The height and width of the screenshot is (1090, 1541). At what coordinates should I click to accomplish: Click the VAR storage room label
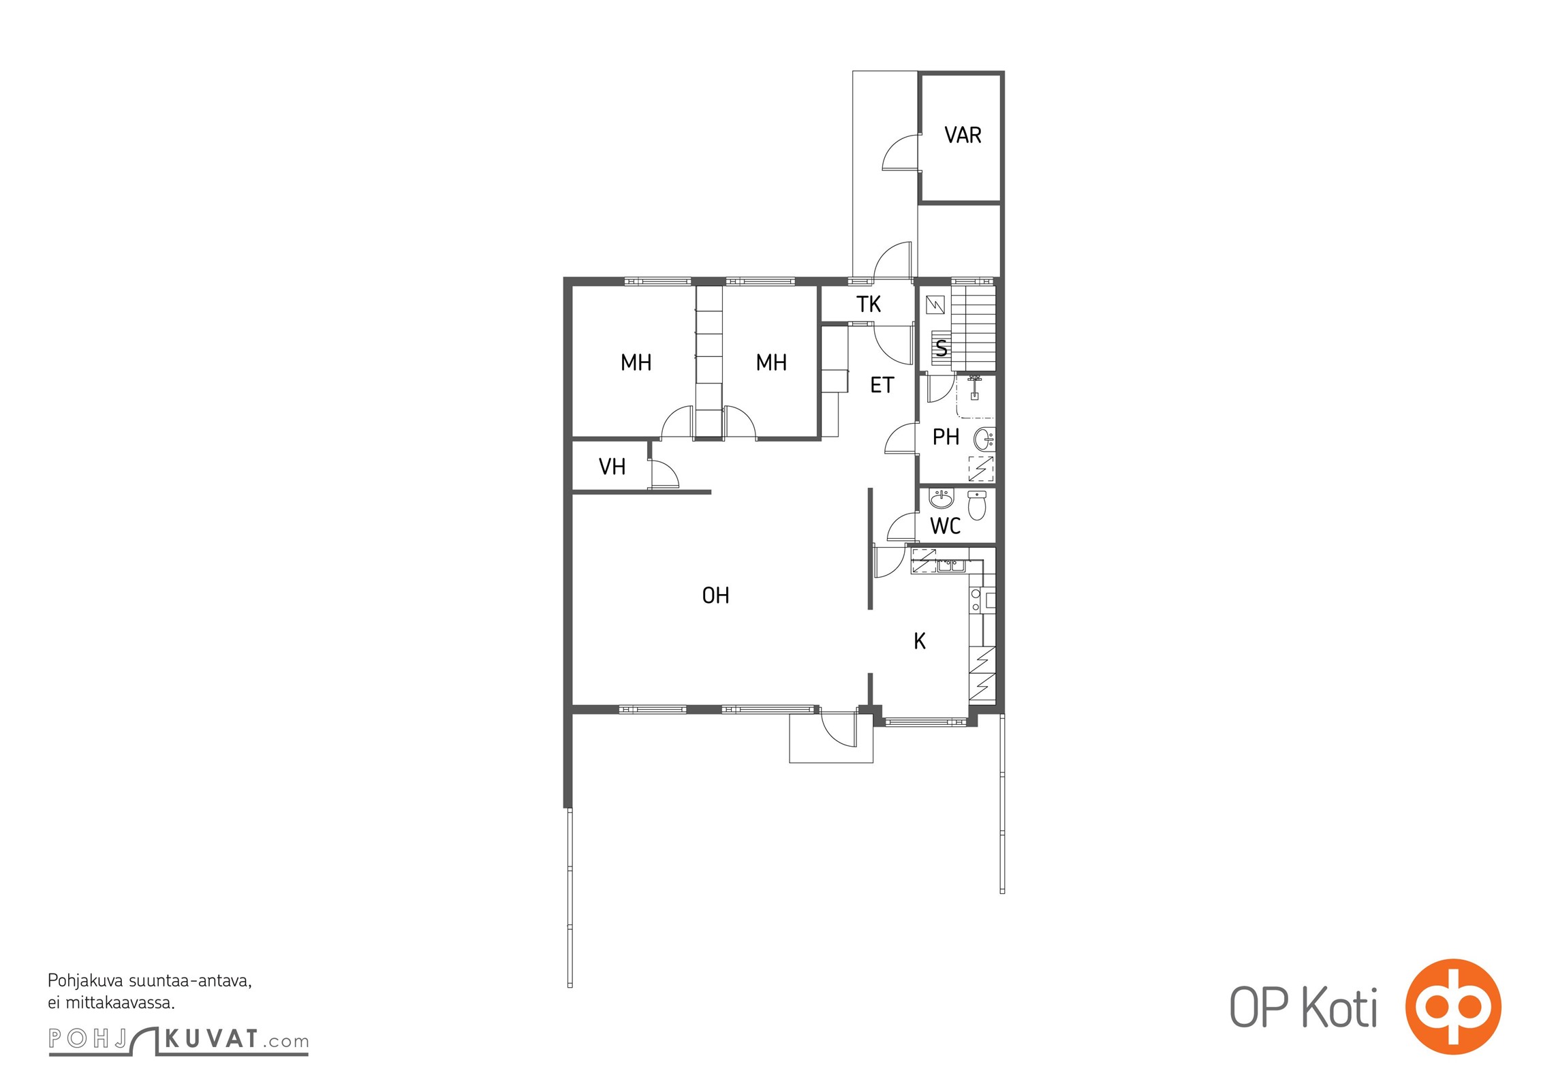tap(963, 136)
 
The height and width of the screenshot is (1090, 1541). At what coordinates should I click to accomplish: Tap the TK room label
tap(869, 305)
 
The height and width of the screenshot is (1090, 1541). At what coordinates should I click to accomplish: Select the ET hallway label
tap(882, 386)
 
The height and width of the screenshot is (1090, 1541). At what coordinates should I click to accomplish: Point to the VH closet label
tap(612, 467)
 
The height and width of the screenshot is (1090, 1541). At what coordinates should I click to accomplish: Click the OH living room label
tap(715, 596)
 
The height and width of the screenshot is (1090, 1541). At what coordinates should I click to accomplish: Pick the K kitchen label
tap(920, 641)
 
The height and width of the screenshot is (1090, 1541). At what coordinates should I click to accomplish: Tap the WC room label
tap(945, 526)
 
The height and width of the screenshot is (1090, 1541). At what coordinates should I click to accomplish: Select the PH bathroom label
tap(946, 437)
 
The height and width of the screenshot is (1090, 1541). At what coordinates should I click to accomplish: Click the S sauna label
tap(941, 348)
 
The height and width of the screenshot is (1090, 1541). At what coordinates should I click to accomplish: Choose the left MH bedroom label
tap(636, 362)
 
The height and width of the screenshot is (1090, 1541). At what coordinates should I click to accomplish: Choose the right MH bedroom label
tap(771, 362)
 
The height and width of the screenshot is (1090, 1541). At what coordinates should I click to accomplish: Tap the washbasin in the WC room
tap(941, 499)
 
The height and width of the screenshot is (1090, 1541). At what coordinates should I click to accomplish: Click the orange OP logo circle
tap(1453, 1006)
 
